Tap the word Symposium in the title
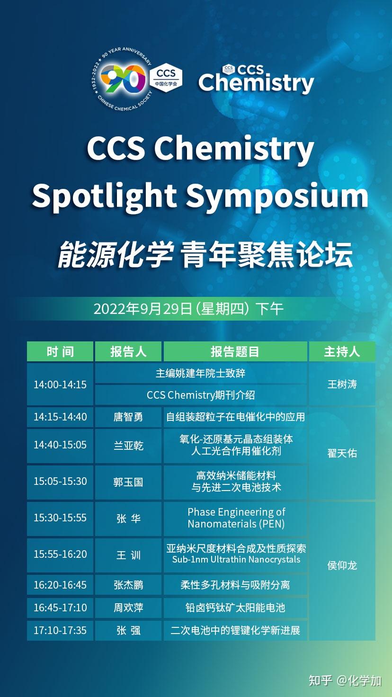point(277,195)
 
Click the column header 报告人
point(128,352)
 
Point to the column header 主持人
point(342,352)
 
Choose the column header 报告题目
point(235,352)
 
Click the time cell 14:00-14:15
point(60,384)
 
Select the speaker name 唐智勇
point(128,417)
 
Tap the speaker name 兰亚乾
point(128,446)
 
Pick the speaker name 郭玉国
point(128,482)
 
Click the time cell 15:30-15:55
point(60,518)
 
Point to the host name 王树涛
point(342,384)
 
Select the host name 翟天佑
point(342,453)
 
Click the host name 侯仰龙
point(342,565)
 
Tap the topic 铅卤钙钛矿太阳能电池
point(235,608)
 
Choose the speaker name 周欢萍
point(128,608)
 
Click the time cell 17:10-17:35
point(60,630)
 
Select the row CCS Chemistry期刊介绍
point(201,395)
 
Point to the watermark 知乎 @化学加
point(345,681)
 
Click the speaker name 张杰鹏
point(128,585)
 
